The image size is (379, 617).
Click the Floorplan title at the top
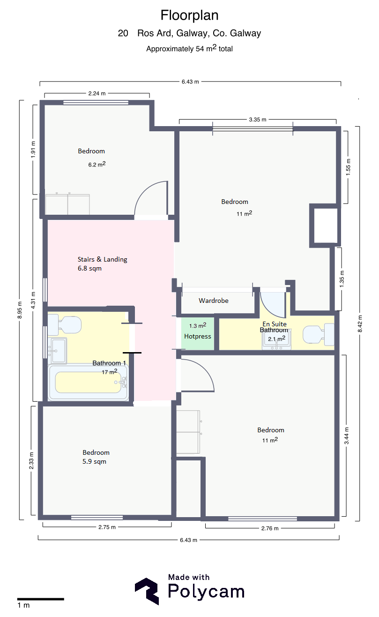click(x=189, y=15)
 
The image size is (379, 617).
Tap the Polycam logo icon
click(x=147, y=591)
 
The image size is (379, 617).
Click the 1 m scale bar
click(x=40, y=599)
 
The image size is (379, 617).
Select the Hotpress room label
click(x=198, y=336)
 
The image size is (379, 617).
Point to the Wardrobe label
click(x=214, y=301)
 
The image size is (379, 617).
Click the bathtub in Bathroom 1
click(x=88, y=382)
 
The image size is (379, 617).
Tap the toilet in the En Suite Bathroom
click(x=319, y=334)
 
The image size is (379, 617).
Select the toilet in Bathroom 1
click(x=65, y=324)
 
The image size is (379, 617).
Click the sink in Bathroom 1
click(x=57, y=351)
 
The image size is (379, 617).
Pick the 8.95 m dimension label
click(x=20, y=310)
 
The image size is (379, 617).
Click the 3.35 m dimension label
click(x=258, y=120)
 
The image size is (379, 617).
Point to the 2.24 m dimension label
click(x=97, y=93)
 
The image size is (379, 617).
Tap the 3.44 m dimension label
click(x=347, y=436)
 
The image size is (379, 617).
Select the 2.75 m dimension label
click(x=107, y=527)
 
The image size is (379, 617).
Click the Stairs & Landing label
click(x=103, y=259)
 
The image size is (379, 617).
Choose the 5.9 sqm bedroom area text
click(x=94, y=462)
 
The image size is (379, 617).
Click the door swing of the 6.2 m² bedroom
click(x=146, y=190)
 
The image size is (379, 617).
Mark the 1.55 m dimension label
click(x=348, y=167)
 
